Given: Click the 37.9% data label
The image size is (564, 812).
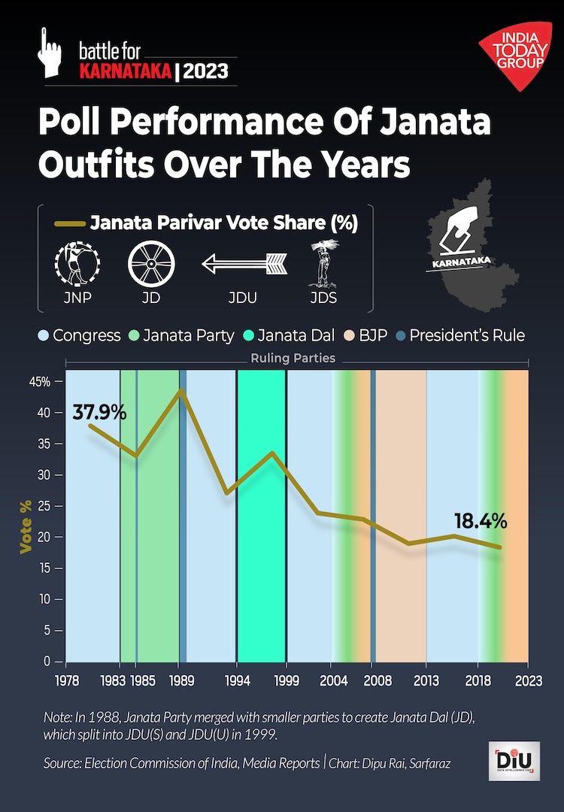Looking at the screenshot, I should point(99,412).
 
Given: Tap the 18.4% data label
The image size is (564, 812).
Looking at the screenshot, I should point(481,520).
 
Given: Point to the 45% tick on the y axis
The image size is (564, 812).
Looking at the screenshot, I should point(41,382).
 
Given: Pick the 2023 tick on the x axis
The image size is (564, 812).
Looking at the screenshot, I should point(529,680).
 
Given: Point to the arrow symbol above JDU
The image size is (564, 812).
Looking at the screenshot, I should point(245,264).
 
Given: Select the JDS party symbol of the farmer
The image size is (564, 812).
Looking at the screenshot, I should point(323,264).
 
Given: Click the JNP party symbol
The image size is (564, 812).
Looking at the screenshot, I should point(77,264).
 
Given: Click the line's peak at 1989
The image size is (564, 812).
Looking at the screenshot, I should point(180,390).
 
